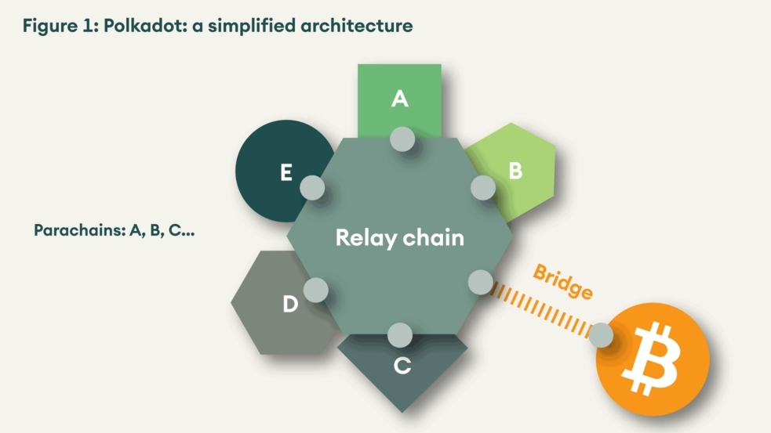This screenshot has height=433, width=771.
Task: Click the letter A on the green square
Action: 400,99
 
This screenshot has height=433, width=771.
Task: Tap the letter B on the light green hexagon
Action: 515,171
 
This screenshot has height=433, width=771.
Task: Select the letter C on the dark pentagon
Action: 402,366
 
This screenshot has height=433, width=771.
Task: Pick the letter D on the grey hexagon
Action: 290,305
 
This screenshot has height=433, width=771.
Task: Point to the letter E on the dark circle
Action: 286,173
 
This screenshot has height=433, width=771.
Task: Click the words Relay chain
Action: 399,237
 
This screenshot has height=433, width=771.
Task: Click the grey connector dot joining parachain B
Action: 482,187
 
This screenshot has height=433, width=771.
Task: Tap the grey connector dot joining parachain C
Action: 399,334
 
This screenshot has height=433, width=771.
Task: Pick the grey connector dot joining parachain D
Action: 315,290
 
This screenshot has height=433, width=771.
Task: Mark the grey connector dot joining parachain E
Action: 312,187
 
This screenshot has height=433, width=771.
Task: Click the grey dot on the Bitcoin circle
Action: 601,335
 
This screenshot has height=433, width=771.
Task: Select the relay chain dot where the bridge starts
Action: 479,282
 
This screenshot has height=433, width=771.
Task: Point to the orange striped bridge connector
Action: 541,309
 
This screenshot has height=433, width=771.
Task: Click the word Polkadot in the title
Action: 138,26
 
